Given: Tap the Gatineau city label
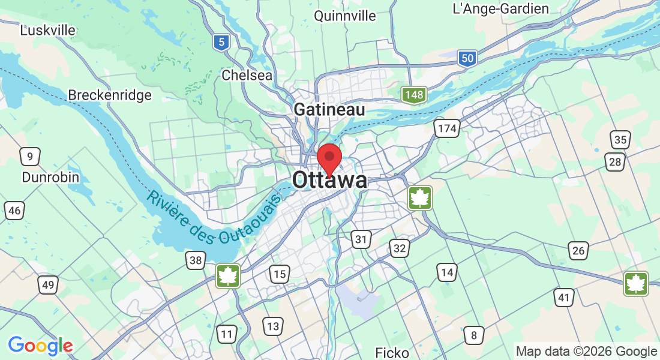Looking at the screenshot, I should click(329, 110).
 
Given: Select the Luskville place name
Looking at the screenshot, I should click(48, 30).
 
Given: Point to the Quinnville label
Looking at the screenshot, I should click(345, 16).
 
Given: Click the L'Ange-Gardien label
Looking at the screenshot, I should click(501, 8).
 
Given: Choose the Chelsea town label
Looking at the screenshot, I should click(247, 75).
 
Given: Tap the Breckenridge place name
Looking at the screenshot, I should click(109, 95).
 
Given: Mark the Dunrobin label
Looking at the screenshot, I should click(50, 177).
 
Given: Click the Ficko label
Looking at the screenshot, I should click(392, 352).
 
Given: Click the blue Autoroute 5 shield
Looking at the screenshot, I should click(222, 42).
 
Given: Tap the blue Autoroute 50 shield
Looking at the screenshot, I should click(467, 58).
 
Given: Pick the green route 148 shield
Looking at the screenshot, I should click(414, 94).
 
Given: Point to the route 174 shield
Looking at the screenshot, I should click(447, 128).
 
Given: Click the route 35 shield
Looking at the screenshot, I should click(621, 140).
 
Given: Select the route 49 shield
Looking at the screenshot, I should click(48, 285).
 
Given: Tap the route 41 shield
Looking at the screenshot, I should click(563, 298).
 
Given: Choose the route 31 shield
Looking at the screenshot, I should click(360, 240).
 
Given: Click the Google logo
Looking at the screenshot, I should click(40, 346).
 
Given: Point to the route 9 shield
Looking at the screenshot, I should click(29, 157).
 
